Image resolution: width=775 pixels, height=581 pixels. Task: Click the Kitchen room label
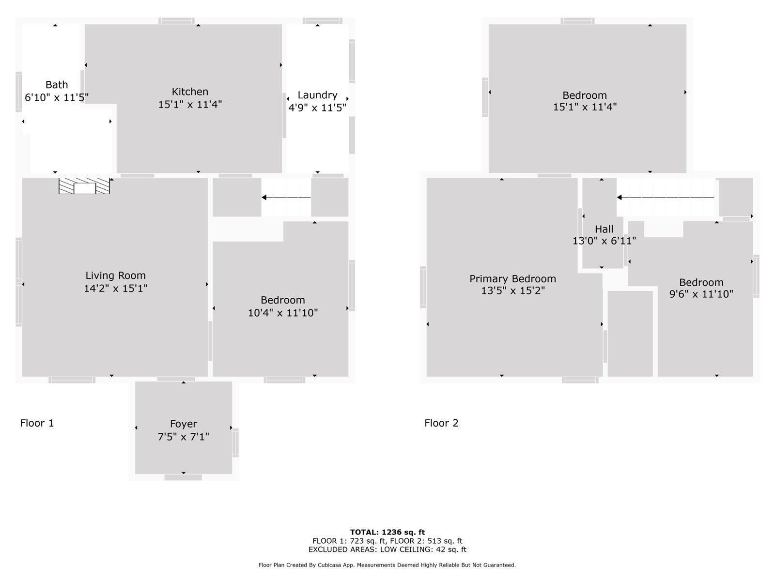[190, 92]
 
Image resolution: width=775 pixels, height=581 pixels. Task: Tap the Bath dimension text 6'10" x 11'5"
[57, 97]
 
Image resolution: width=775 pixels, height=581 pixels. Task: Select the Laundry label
[317, 95]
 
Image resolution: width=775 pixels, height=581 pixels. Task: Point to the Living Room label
[115, 275]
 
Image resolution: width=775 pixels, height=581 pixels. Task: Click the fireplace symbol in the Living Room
[84, 186]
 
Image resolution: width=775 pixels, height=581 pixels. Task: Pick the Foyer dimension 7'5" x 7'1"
[183, 437]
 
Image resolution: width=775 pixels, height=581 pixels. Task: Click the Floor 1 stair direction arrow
[286, 197]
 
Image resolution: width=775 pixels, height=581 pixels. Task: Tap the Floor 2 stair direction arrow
[666, 197]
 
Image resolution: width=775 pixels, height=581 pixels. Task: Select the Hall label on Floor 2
[604, 229]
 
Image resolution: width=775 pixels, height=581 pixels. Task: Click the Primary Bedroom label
[512, 279]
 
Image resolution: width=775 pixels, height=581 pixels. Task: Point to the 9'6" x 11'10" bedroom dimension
[701, 294]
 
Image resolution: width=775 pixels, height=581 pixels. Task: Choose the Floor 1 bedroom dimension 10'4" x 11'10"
[283, 313]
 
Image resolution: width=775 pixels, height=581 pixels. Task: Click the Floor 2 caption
[441, 423]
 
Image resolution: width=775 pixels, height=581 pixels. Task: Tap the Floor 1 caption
[37, 423]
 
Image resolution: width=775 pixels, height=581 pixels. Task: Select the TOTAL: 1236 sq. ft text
[387, 532]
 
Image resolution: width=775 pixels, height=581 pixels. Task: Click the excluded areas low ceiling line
[387, 549]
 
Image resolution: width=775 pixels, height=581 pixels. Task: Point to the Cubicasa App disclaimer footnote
[387, 565]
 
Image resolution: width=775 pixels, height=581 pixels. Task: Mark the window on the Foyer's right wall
[235, 443]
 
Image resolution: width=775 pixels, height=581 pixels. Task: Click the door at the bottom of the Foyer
[183, 477]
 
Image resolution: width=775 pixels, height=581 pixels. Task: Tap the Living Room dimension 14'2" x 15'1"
[115, 289]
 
